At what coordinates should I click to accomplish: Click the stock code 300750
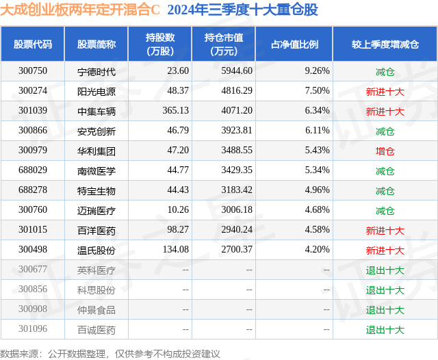coord(33,70)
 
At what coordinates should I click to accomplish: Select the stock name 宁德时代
coord(96,70)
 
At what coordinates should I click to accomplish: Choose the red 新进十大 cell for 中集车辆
coord(385,111)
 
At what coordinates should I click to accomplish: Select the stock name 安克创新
coord(96,131)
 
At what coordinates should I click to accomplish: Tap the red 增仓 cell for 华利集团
coord(385,151)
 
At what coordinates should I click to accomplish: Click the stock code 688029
coord(33,170)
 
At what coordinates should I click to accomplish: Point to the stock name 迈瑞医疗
coord(96,210)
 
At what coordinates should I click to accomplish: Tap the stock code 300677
coord(33,270)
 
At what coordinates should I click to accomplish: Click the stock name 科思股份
coord(96,290)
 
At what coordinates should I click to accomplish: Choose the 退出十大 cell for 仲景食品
coord(385,310)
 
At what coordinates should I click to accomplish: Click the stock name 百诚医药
coord(96,330)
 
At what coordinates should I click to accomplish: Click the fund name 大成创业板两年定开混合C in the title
coord(80,10)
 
